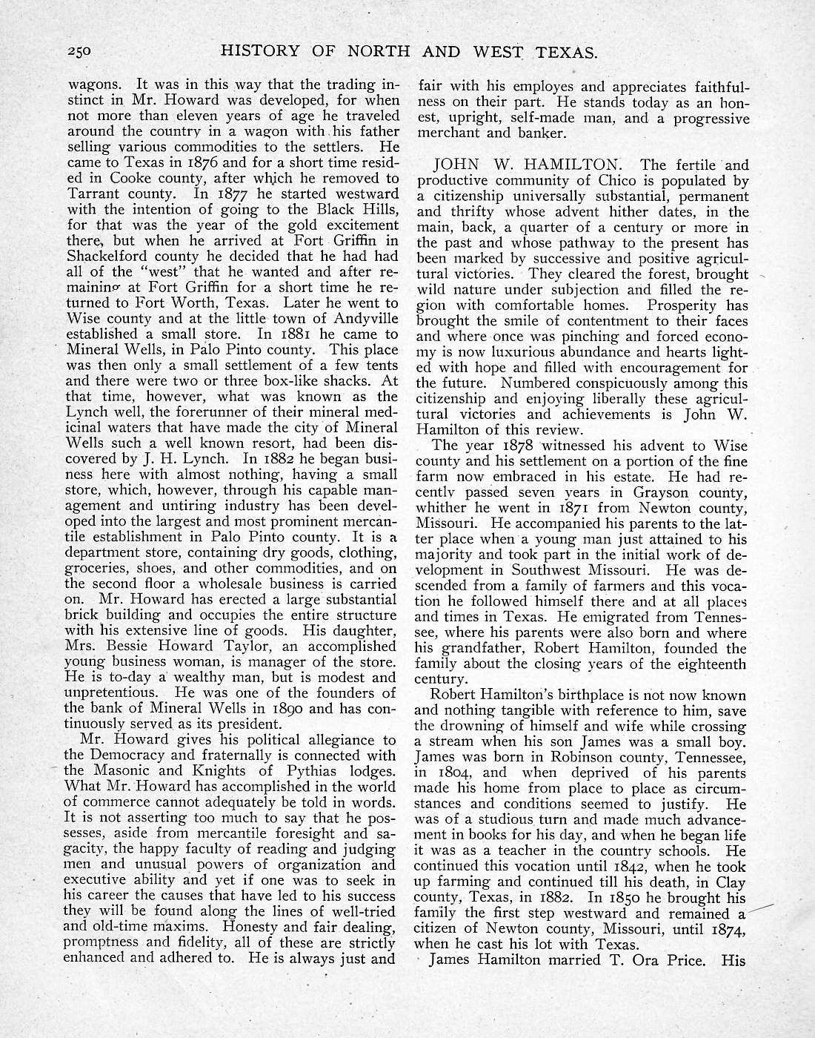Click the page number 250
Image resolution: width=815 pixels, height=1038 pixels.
78,52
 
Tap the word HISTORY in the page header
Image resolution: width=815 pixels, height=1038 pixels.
257,51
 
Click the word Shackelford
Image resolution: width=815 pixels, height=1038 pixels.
106,257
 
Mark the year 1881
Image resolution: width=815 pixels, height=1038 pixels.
264,334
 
